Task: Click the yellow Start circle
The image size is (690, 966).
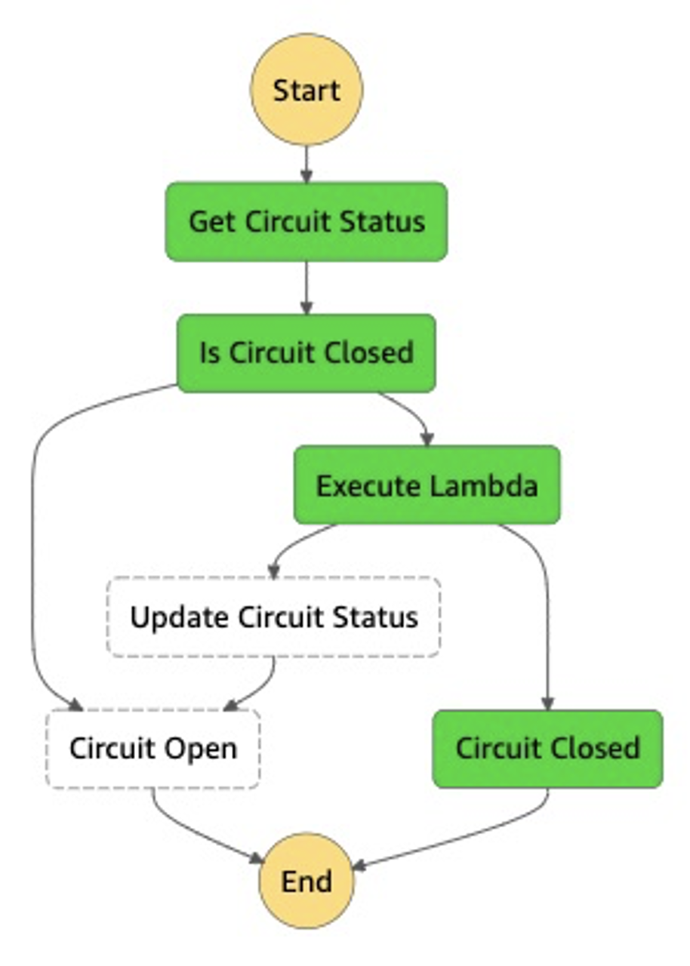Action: point(306,90)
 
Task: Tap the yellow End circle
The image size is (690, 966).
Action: point(306,881)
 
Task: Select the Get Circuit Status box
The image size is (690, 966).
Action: point(306,222)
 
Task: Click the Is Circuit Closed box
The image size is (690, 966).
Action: point(306,353)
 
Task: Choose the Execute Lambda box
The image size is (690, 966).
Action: point(427,485)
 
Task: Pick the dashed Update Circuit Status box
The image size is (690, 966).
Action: point(273,617)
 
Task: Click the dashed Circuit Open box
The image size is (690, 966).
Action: point(153,749)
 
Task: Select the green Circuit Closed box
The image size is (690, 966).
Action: point(547,749)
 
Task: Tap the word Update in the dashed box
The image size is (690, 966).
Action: point(180,617)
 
